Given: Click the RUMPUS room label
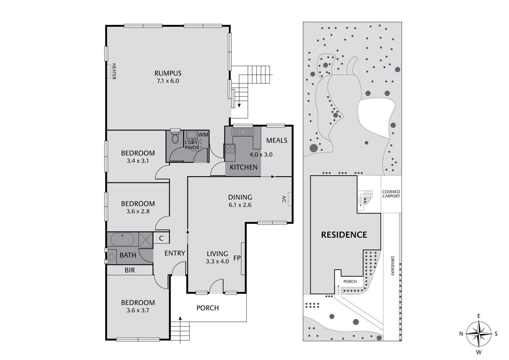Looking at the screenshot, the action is click(168, 73).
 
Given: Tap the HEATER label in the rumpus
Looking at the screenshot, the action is click(114, 71).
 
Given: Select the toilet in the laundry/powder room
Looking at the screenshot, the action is click(175, 139).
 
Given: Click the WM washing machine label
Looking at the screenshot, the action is click(203, 135).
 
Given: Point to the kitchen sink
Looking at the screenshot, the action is click(243, 132).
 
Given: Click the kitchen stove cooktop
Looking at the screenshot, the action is click(230, 149).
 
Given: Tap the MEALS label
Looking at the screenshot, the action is click(276, 140).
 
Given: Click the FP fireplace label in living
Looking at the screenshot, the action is click(237, 258).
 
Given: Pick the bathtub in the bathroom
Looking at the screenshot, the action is click(122, 239).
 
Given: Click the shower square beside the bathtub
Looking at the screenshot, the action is click(145, 239).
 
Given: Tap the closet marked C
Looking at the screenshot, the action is click(161, 239).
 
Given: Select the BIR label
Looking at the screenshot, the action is click(130, 270).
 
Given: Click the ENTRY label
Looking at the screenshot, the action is click(175, 253).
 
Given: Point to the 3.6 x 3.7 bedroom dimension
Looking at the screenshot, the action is click(138, 311).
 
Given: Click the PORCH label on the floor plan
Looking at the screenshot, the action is click(207, 308).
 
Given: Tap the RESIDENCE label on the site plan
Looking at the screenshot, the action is click(344, 235).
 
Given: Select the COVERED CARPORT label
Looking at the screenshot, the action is click(391, 194).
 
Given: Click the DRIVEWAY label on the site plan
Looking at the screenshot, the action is click(393, 266).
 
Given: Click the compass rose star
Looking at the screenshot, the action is click(479, 334).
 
